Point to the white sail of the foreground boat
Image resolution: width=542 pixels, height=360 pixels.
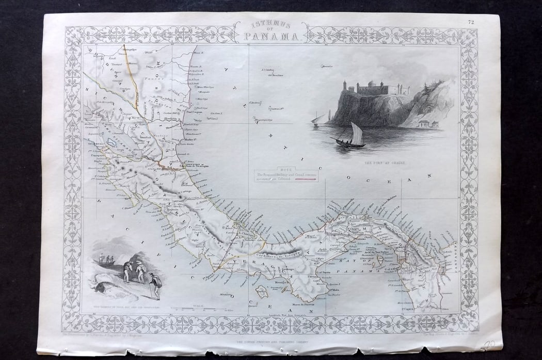(357, 134)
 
